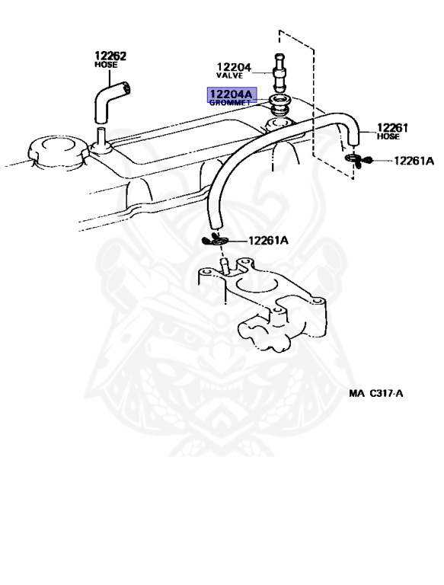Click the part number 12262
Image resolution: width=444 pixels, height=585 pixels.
click(x=110, y=56)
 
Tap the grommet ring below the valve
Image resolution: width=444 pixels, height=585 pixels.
click(x=281, y=104)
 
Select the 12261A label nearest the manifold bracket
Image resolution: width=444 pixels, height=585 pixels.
click(x=267, y=241)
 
